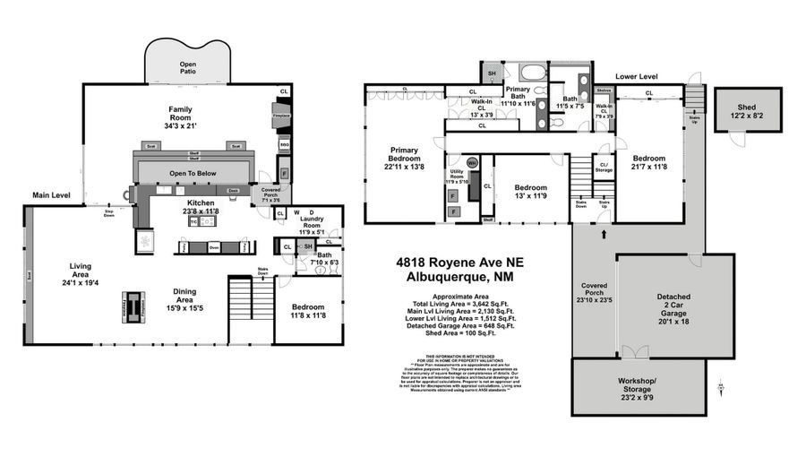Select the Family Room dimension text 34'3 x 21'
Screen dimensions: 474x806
click(182, 127)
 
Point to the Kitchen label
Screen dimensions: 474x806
click(200, 203)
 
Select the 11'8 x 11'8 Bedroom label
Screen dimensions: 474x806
click(308, 311)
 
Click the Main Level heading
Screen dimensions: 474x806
click(53, 194)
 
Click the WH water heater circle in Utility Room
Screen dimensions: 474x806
click(472, 163)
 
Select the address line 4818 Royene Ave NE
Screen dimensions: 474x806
click(460, 263)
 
